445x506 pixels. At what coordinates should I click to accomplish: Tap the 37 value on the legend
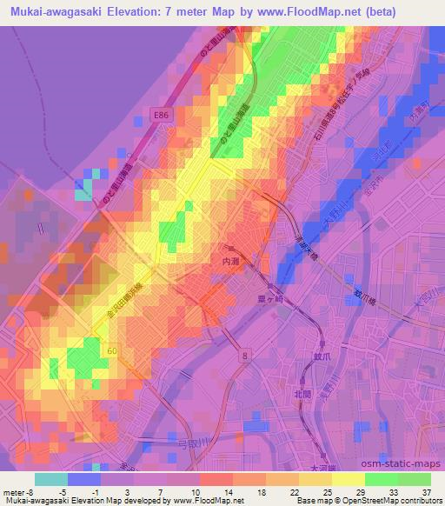(424, 491)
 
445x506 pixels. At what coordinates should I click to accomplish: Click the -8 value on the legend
(34, 491)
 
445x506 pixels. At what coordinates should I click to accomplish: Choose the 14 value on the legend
(228, 491)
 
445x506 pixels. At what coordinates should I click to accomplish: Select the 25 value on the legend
(326, 491)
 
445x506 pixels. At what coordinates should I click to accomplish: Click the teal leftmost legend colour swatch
(50, 479)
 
